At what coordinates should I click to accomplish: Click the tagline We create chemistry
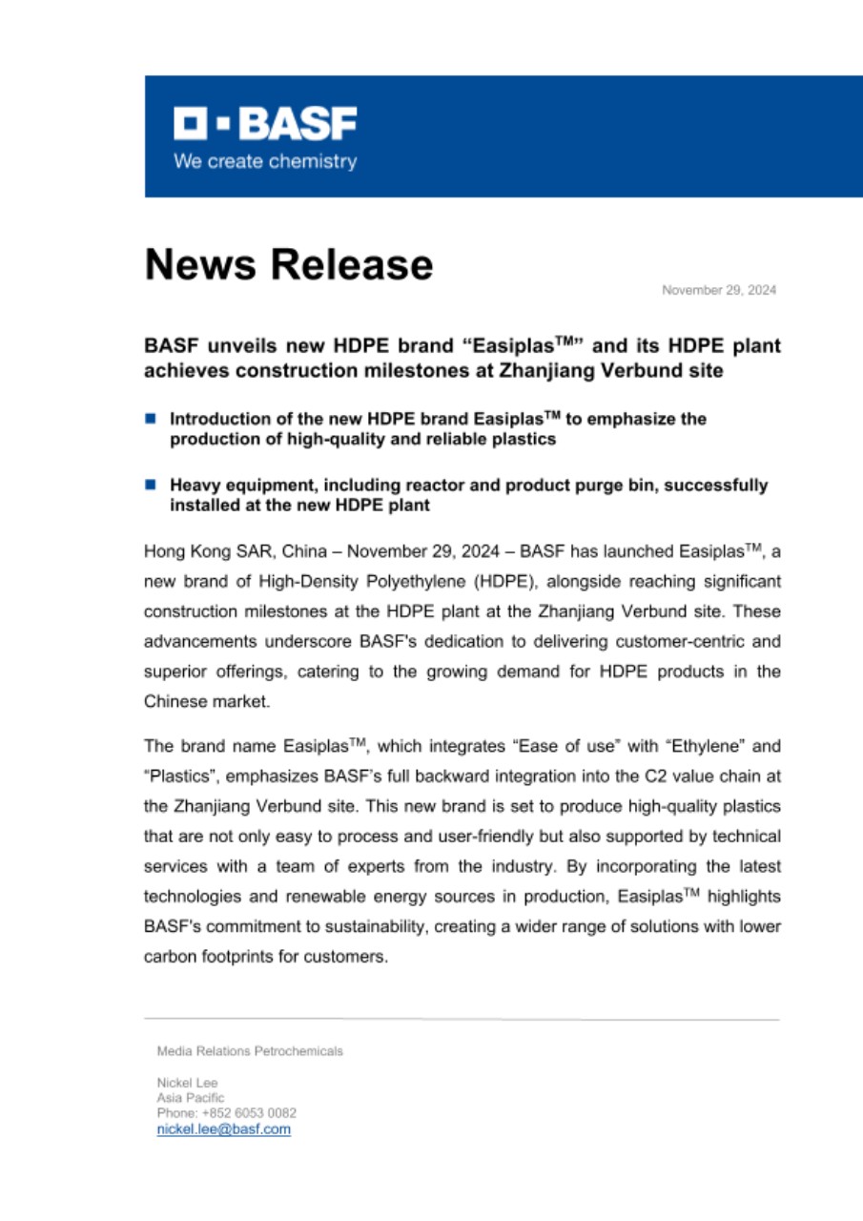(x=265, y=161)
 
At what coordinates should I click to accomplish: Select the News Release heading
(x=288, y=263)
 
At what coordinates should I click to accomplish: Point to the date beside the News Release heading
(x=720, y=290)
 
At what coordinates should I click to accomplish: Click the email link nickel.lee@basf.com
(x=223, y=1128)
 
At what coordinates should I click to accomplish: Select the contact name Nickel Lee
(x=187, y=1083)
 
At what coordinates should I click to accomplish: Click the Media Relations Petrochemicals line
(x=250, y=1051)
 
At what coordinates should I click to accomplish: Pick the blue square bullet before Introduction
(x=150, y=418)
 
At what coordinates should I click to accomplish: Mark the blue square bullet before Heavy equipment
(x=150, y=485)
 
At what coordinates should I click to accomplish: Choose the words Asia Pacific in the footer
(x=191, y=1098)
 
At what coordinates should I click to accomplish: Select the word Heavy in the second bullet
(x=195, y=486)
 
